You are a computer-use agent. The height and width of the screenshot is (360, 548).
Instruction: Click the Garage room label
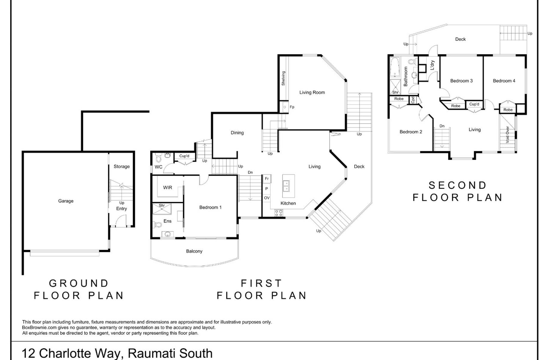(x=66, y=201)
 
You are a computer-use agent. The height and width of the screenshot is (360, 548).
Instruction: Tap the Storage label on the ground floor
(x=122, y=167)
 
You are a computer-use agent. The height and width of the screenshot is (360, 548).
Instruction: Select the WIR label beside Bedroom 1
(x=168, y=187)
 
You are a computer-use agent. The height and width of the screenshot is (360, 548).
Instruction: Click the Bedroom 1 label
(x=210, y=207)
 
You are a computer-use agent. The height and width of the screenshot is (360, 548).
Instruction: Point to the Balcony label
(x=194, y=251)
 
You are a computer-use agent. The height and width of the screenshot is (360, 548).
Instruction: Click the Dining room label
(x=237, y=133)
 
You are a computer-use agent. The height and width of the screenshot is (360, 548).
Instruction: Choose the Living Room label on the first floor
(x=312, y=93)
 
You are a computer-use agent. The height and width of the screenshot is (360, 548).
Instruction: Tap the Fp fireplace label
(x=292, y=107)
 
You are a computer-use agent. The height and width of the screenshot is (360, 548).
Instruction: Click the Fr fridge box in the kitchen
(x=267, y=179)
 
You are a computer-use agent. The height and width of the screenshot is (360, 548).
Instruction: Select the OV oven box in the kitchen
(x=267, y=198)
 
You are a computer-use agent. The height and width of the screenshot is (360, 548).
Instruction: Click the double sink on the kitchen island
(x=286, y=186)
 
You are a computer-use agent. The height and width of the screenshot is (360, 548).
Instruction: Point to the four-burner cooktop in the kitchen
(x=279, y=213)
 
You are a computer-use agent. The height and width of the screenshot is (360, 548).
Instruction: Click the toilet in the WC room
(x=158, y=156)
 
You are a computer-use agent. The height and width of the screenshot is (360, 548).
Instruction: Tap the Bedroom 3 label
(x=461, y=81)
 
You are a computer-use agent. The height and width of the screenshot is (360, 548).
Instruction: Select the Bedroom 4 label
(x=504, y=81)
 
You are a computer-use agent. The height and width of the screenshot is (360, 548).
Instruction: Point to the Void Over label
(x=507, y=135)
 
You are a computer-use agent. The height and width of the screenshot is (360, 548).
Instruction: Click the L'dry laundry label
(x=432, y=65)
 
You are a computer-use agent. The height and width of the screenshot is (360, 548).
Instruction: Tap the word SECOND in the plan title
(x=458, y=185)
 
